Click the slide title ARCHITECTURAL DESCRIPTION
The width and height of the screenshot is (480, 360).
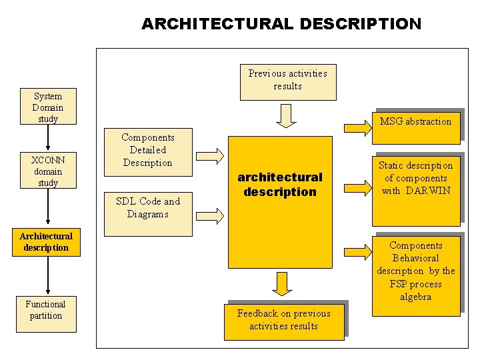281,24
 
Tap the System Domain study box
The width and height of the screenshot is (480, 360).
48,107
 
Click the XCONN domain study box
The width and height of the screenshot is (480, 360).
48,171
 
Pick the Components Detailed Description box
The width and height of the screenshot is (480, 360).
147,150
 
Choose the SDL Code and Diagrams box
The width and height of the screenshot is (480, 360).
147,208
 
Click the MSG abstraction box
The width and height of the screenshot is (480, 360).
415,122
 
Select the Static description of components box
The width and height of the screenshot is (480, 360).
415,178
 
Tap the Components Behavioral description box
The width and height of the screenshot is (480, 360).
415,271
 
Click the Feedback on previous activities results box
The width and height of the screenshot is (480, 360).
283,320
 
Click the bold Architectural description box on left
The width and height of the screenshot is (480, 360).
45,241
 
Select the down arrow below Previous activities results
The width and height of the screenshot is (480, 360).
287,115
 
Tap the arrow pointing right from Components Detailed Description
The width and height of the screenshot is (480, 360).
213,155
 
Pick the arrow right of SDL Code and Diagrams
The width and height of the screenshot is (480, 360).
213,215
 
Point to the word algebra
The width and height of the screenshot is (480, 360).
415,297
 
